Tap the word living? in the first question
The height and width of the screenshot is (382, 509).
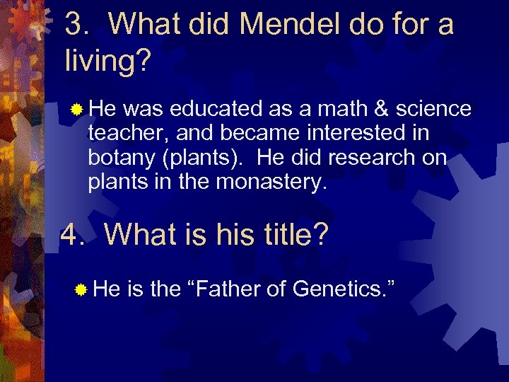(107, 61)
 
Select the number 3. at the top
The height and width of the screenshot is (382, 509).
(78, 25)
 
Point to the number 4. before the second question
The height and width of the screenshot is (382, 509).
(74, 233)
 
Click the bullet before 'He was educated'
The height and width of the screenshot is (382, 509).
(77, 109)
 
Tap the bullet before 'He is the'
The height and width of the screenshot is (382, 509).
(82, 289)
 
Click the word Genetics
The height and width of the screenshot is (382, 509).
(342, 288)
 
